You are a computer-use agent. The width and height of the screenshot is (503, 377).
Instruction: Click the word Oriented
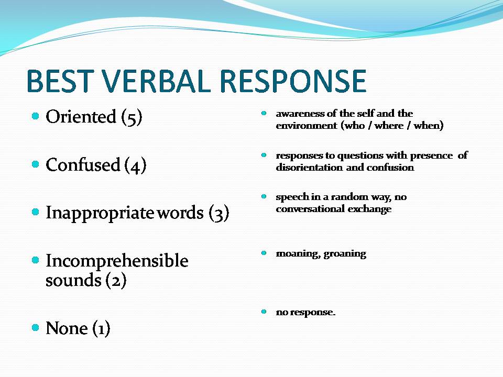tap(81, 116)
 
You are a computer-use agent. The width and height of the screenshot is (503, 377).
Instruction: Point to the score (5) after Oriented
tap(132, 117)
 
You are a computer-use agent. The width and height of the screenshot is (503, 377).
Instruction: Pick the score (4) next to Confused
tap(135, 165)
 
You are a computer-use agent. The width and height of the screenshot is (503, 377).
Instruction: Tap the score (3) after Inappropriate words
tap(219, 213)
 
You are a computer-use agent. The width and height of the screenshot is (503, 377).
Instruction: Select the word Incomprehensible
tap(117, 261)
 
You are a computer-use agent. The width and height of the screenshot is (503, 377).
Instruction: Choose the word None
tap(67, 328)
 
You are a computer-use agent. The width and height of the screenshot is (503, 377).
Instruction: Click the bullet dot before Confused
tap(36, 164)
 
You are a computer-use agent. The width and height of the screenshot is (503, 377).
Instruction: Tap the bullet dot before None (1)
tap(36, 327)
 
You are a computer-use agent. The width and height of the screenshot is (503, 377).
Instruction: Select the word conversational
tap(310, 209)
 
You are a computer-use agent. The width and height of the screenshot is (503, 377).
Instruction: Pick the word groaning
tap(345, 254)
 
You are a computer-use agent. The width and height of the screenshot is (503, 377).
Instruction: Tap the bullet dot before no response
tap(264, 311)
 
